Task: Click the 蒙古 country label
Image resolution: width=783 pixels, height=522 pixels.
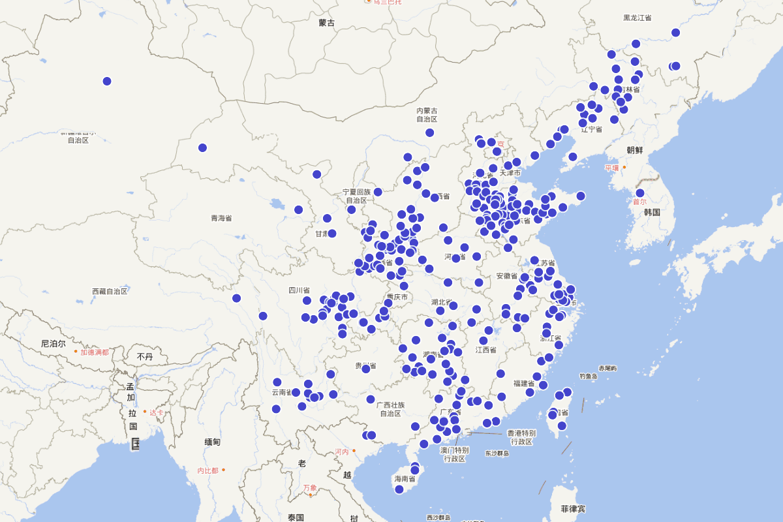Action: [x=326, y=23]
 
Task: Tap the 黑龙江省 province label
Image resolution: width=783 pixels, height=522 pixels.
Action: [x=637, y=18]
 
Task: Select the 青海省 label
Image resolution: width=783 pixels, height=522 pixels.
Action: [x=221, y=218]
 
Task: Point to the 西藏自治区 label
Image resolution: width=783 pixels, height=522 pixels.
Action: [x=110, y=291]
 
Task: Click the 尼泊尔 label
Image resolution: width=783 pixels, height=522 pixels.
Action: [x=53, y=343]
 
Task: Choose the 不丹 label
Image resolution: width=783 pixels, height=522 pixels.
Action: [x=145, y=356]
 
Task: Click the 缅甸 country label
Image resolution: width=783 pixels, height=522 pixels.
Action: [x=212, y=442]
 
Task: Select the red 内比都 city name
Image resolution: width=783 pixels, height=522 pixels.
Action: [x=207, y=470]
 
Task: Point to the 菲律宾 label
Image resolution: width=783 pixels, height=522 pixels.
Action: [x=573, y=508]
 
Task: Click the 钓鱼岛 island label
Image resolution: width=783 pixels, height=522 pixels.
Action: [x=588, y=376]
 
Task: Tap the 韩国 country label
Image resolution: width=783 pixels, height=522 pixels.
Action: [x=652, y=213]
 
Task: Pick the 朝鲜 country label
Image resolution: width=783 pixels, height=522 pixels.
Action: [x=634, y=150]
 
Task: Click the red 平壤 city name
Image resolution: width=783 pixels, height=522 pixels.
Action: [x=611, y=168]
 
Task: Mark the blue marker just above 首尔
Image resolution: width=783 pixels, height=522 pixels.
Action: [x=640, y=193]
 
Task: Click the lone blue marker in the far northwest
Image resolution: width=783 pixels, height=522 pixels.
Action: [x=107, y=82]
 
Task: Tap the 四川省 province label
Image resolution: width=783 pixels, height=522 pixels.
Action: [x=299, y=290]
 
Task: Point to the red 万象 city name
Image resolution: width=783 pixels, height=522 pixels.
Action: [x=310, y=488]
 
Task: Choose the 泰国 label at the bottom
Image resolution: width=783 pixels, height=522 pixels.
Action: [x=296, y=517]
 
